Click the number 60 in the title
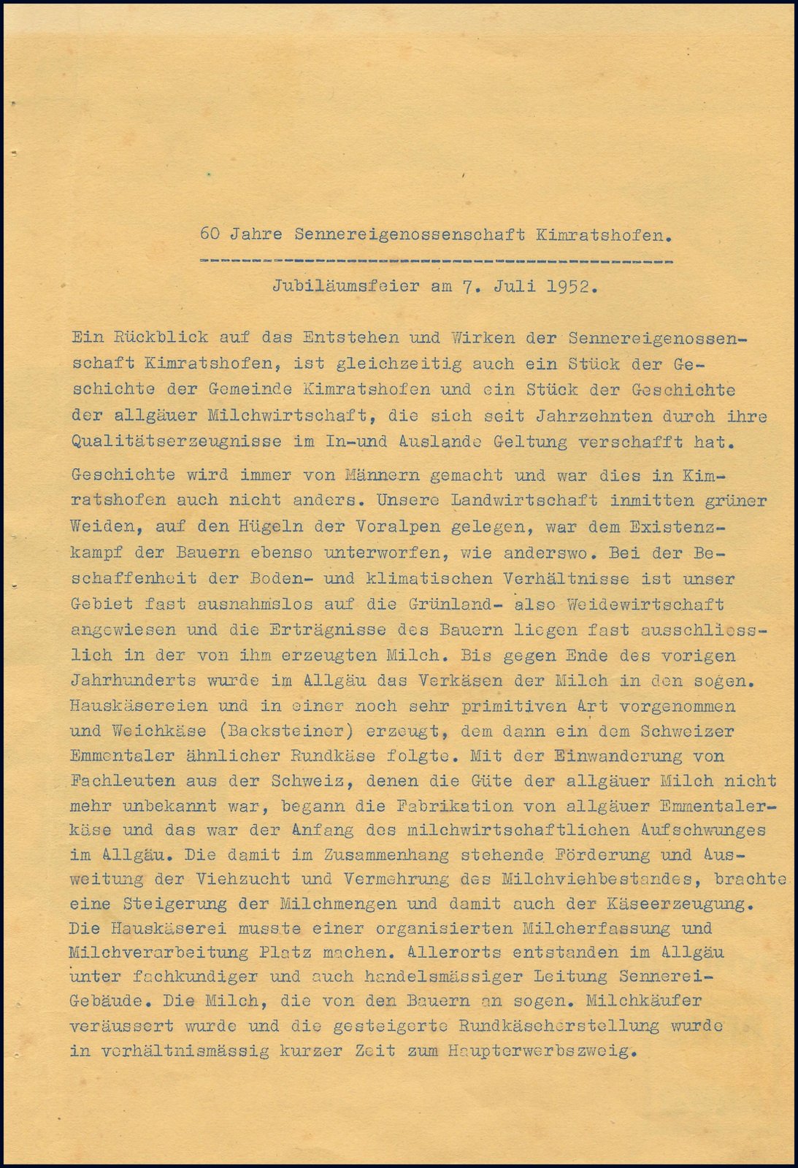click(210, 234)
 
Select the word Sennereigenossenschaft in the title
click(410, 234)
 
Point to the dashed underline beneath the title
click(435, 260)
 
